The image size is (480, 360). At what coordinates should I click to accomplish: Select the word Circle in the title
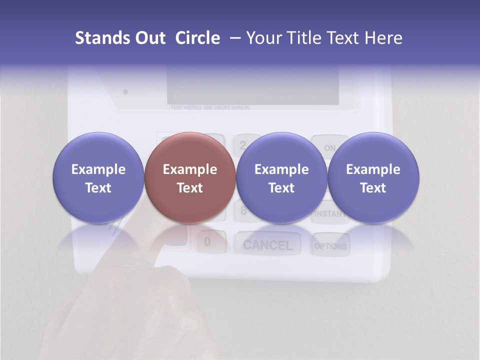point(197,38)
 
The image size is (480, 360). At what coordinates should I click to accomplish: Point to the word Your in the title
point(263,38)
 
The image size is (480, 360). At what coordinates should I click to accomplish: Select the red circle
point(189,177)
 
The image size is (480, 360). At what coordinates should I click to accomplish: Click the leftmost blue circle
point(98,177)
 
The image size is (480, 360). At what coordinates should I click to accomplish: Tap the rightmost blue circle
point(373,177)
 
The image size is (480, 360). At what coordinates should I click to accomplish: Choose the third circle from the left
point(281,177)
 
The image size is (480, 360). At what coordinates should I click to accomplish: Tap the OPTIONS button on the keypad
point(330,246)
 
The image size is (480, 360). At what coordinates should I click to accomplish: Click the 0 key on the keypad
point(207,242)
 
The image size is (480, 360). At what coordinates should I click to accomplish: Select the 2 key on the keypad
point(243,144)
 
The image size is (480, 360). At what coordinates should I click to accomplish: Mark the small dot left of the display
point(125,91)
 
